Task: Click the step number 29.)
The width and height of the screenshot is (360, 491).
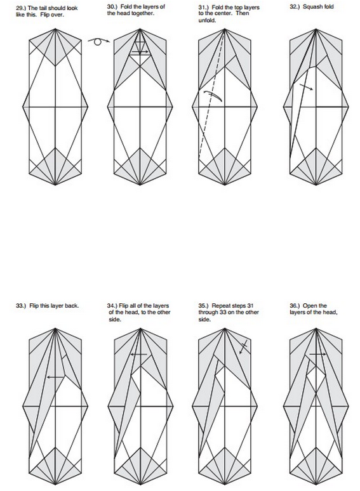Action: pyautogui.click(x=21, y=8)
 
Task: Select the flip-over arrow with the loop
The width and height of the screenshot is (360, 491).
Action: pyautogui.click(x=98, y=41)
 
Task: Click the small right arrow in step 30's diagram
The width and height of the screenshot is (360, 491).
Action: pyautogui.click(x=140, y=52)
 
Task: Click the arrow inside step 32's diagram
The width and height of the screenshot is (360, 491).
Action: pyautogui.click(x=306, y=87)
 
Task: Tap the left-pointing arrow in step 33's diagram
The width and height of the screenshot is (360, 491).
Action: pyautogui.click(x=55, y=377)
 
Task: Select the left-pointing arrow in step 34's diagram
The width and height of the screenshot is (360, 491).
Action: pyautogui.click(x=139, y=355)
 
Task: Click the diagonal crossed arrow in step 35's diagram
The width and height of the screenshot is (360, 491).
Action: pyautogui.click(x=243, y=347)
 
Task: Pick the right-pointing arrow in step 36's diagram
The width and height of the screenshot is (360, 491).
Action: pyautogui.click(x=317, y=354)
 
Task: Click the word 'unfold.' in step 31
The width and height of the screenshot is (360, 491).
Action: pyautogui.click(x=207, y=21)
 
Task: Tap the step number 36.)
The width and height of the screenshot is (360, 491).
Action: pyautogui.click(x=295, y=306)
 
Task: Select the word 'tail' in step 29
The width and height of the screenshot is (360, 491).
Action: pyautogui.click(x=43, y=8)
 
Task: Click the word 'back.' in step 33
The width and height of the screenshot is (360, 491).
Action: pyautogui.click(x=72, y=306)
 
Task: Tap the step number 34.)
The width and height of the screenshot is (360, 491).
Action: pyautogui.click(x=112, y=306)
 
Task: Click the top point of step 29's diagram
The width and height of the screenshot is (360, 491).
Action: pyautogui.click(x=55, y=29)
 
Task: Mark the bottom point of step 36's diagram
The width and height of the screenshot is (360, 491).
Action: pyautogui.click(x=316, y=484)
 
